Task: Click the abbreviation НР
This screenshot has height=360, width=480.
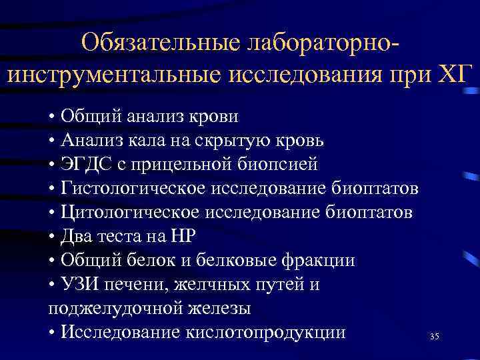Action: [x=199, y=237]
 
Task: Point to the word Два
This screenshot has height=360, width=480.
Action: [x=76, y=237]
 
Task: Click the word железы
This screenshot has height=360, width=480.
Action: [x=212, y=309]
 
